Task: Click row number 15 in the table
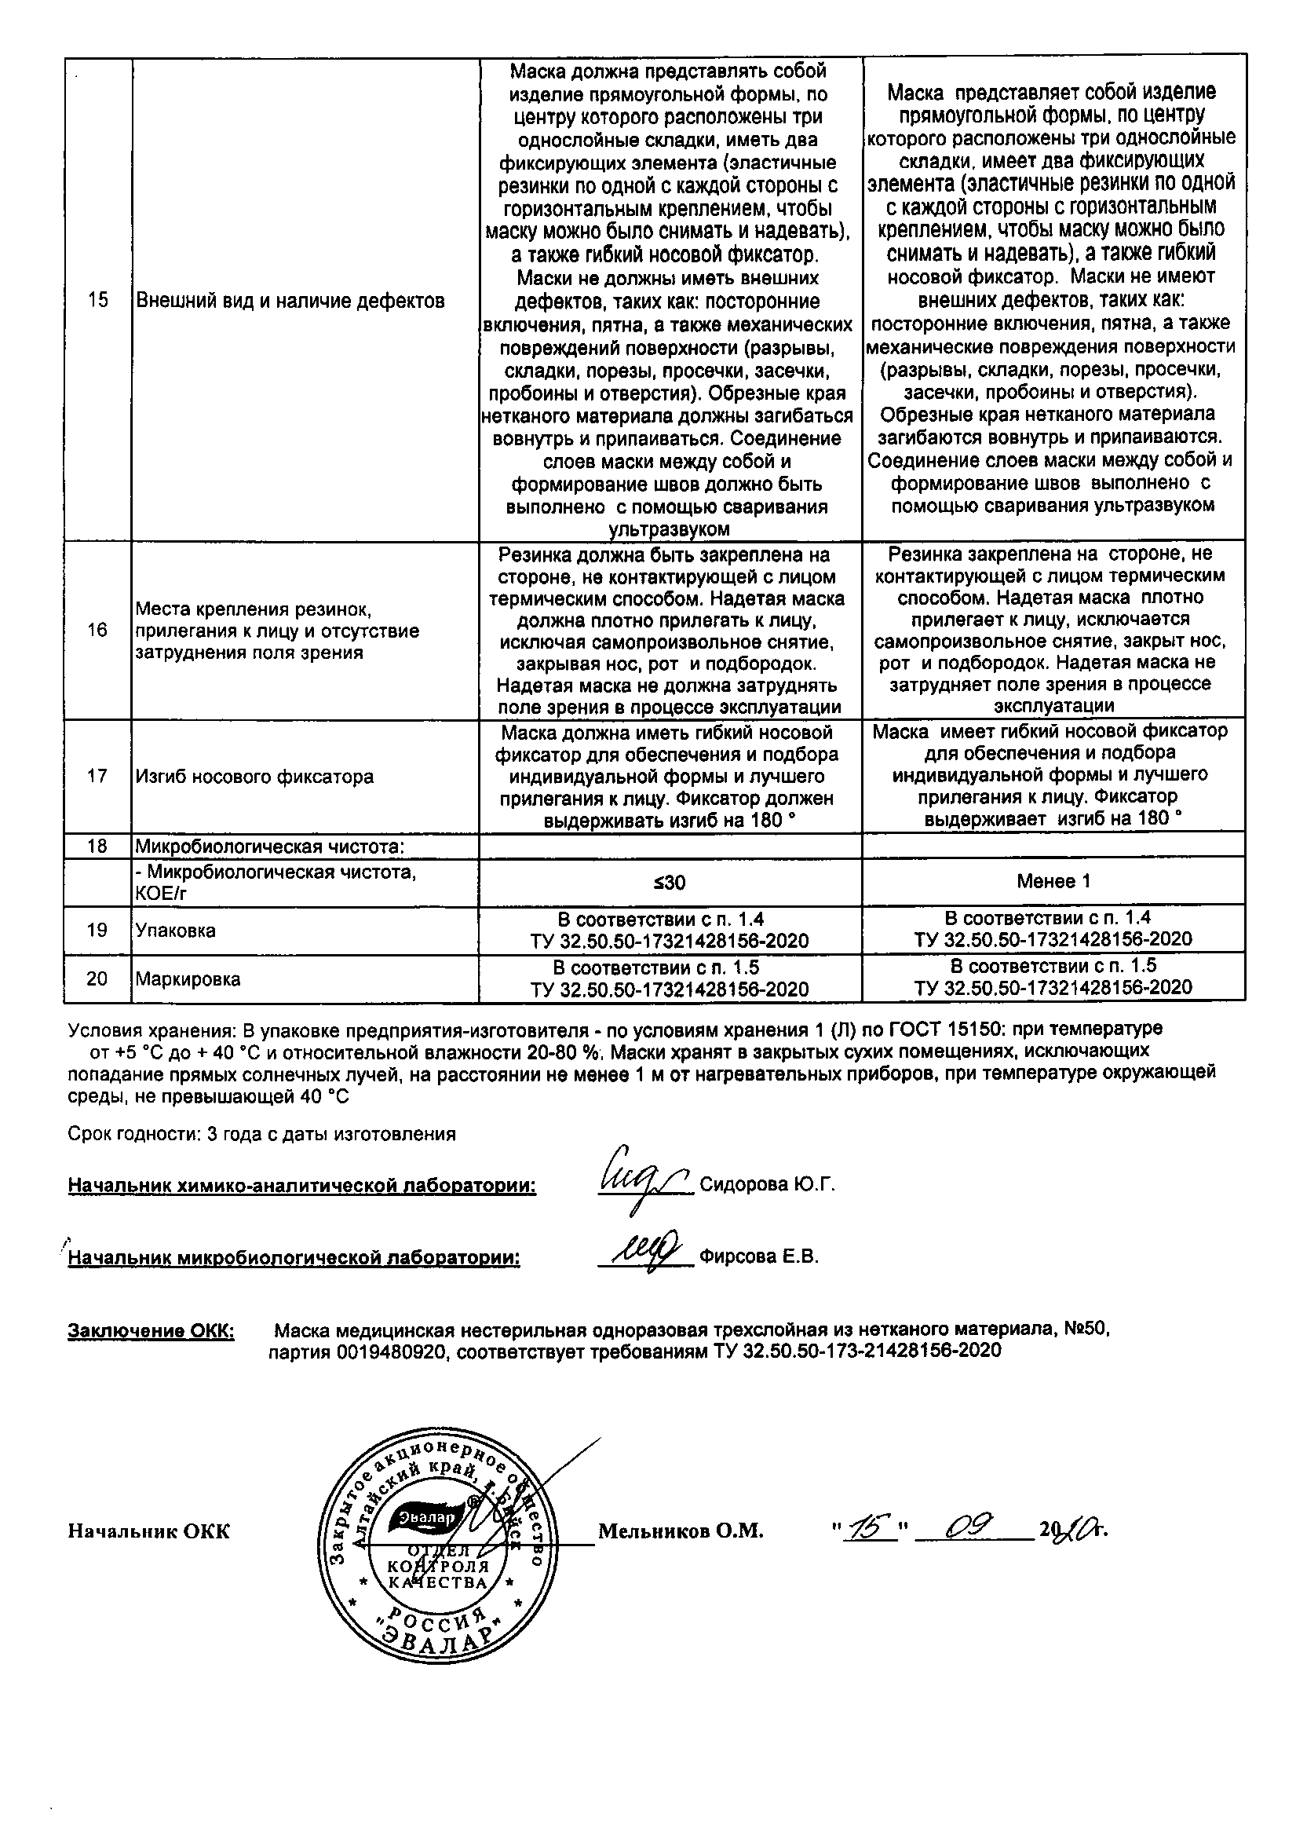[97, 301]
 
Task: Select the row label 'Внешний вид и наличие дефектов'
[290, 301]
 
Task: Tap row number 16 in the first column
[97, 630]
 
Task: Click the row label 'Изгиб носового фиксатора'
[254, 777]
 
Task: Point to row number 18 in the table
[97, 846]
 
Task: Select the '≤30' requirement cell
[670, 882]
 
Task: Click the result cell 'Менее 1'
[1053, 881]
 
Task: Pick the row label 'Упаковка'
[176, 930]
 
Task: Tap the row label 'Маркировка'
[188, 978]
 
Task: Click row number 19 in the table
[97, 930]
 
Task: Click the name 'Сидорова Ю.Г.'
[767, 1185]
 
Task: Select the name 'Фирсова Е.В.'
[759, 1256]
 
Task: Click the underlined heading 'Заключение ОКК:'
[151, 1330]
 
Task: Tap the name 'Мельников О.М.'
[681, 1531]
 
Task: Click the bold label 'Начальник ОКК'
[148, 1531]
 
